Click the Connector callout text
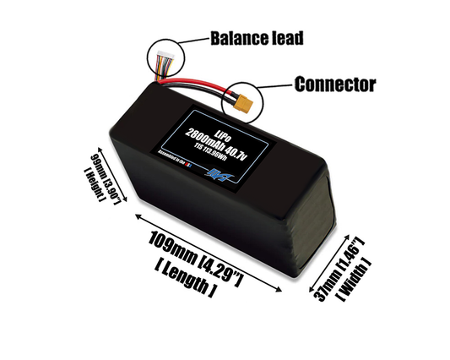click(x=333, y=84)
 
